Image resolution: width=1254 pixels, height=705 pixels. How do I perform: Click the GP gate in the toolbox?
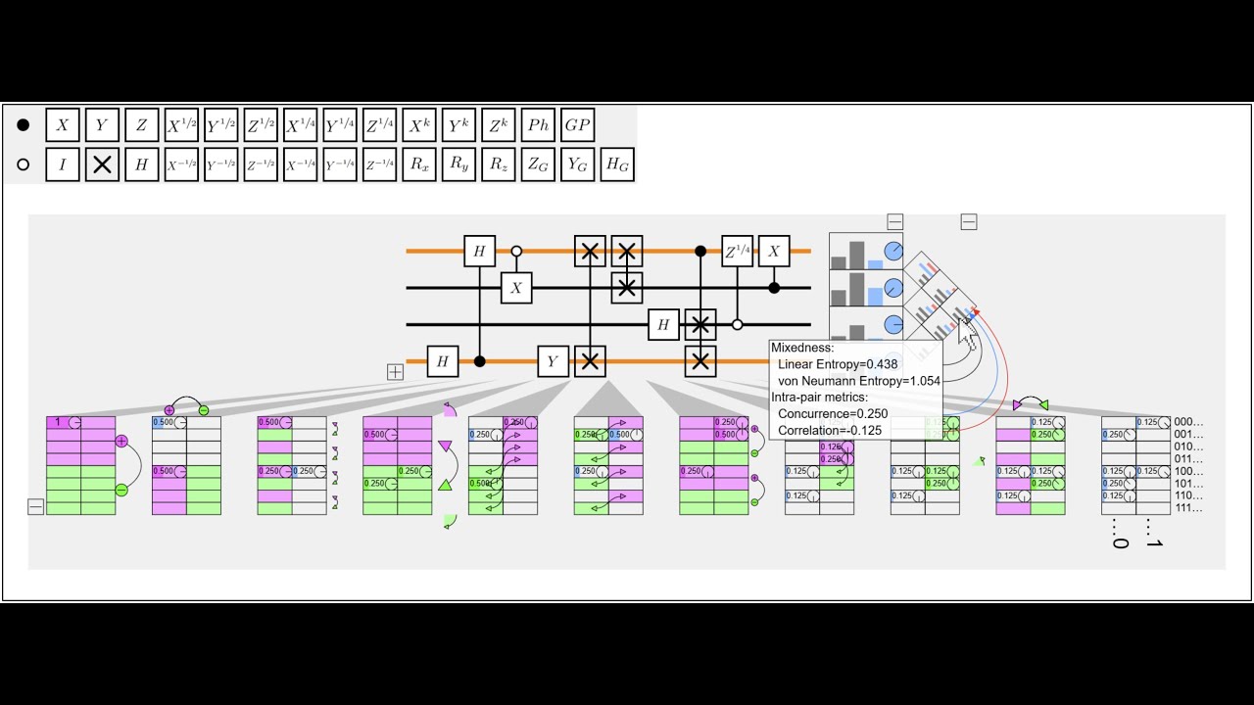[577, 125]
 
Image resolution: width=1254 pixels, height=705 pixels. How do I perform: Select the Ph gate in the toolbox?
[538, 125]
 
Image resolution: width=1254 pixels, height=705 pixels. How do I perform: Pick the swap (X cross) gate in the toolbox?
[102, 164]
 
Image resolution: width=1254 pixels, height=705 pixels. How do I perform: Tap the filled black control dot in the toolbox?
[24, 125]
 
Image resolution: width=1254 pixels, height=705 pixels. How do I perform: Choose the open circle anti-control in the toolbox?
[24, 164]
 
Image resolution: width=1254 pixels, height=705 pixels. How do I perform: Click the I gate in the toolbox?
[63, 164]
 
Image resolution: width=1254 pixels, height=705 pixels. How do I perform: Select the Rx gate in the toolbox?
[419, 164]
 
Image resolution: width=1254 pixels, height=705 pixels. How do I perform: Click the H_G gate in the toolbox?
[616, 164]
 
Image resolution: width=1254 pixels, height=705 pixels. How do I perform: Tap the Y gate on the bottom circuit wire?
[553, 361]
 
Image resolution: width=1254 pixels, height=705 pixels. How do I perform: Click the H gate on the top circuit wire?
[479, 252]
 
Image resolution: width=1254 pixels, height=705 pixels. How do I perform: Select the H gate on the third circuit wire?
[663, 324]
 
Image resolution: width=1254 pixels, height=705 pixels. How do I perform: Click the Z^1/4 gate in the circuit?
[737, 252]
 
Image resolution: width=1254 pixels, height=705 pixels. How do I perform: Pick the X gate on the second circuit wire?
[516, 288]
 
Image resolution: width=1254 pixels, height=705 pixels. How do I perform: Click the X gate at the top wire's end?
[774, 252]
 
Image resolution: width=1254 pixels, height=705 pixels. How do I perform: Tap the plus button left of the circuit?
[395, 372]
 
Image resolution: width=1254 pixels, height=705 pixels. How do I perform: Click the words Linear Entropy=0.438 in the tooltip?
[837, 364]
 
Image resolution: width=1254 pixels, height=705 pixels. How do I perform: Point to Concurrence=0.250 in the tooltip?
[833, 414]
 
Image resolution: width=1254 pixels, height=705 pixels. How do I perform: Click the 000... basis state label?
[1187, 422]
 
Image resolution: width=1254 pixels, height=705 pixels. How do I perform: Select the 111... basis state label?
[1187, 508]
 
